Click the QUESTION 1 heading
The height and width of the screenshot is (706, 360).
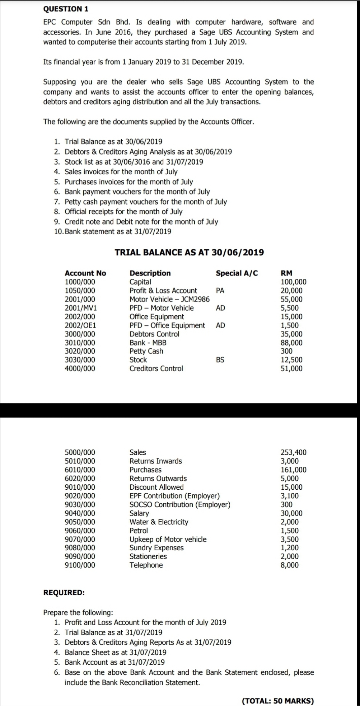tap(66, 8)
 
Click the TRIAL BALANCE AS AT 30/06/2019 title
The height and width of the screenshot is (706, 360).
tap(189, 252)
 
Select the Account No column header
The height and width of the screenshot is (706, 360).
tap(85, 273)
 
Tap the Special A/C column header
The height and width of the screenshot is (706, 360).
tap(237, 273)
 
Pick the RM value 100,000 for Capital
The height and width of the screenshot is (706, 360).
tap(293, 282)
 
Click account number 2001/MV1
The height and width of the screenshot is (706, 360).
tap(80, 308)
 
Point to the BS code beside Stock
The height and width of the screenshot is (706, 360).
tap(220, 360)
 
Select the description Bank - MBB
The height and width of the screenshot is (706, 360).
tap(148, 343)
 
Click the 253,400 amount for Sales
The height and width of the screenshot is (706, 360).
tap(293, 452)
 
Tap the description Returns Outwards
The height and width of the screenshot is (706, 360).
tap(158, 478)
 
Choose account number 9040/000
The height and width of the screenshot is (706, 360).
tap(80, 513)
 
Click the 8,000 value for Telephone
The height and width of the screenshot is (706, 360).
tap(289, 565)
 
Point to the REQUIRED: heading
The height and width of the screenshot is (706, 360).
tap(64, 592)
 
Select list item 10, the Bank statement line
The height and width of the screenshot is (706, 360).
tap(113, 231)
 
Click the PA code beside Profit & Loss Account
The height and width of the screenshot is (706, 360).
tap(220, 291)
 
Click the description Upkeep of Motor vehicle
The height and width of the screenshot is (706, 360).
tap(168, 539)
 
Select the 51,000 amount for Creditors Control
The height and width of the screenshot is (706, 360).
tap(291, 368)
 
